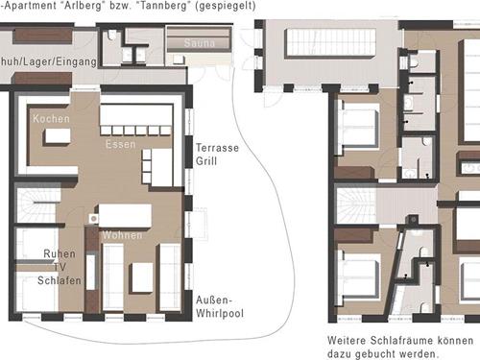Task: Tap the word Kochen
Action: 50,118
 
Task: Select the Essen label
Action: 122,143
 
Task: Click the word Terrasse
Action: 218,149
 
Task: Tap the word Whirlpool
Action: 221,314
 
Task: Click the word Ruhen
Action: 60,254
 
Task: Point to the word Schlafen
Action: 60,281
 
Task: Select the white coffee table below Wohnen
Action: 142,276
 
